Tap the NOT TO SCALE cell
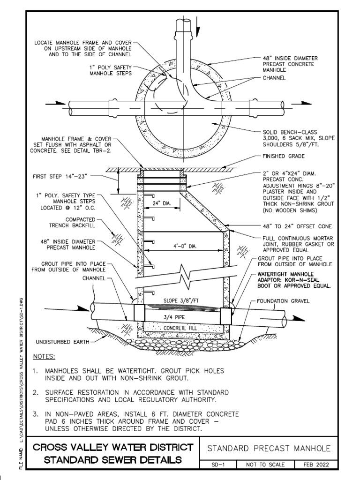pos(262,465)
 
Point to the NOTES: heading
pos(44,357)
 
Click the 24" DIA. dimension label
pos(160,203)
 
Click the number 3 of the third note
pos(35,414)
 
